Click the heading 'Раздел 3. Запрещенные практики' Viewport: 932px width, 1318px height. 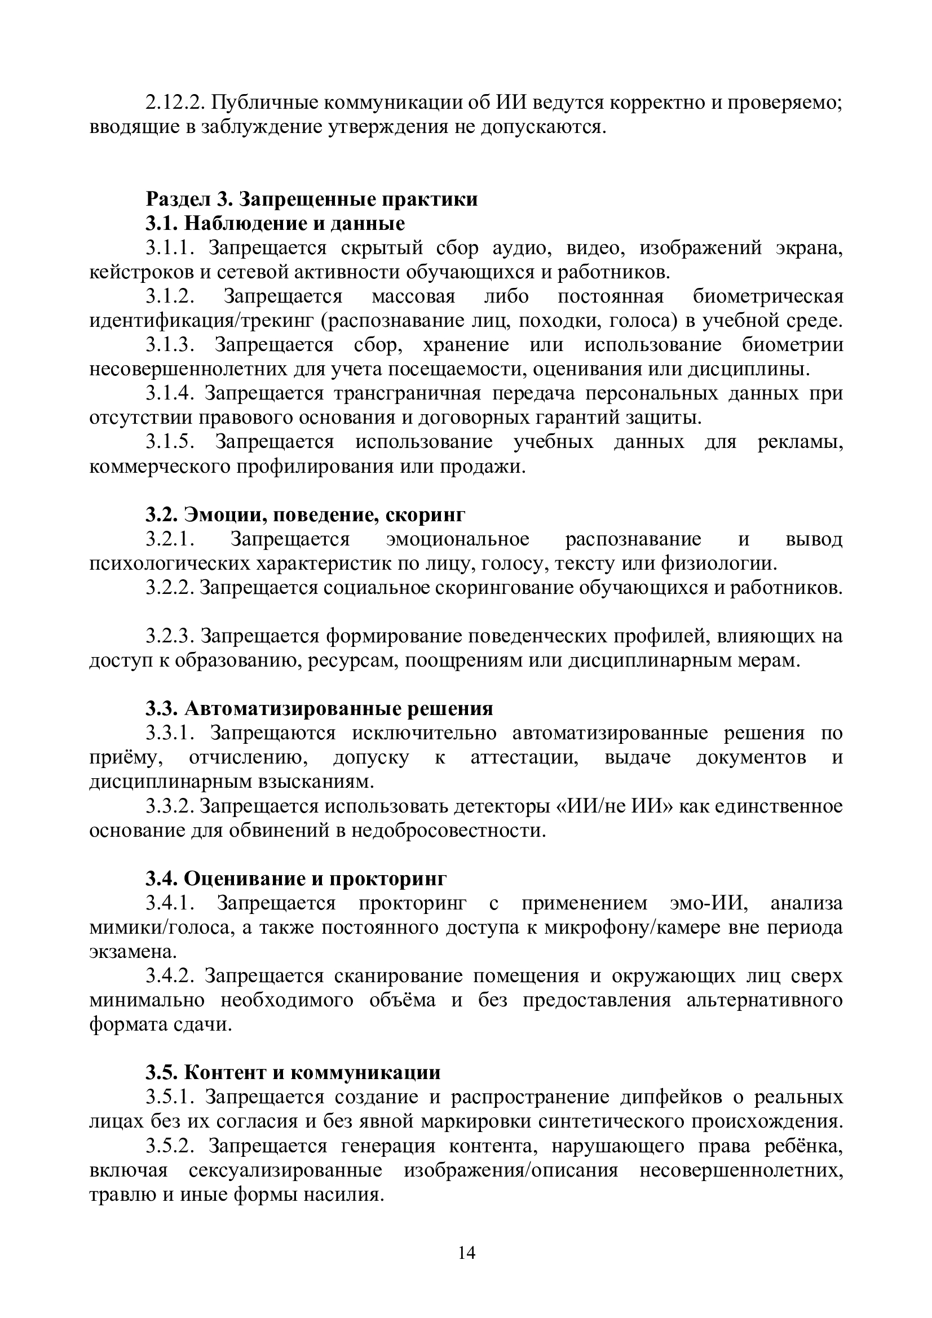pyautogui.click(x=311, y=198)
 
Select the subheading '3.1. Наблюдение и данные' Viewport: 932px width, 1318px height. pyautogui.click(x=275, y=223)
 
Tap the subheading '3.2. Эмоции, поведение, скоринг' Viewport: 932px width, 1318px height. pyautogui.click(x=305, y=514)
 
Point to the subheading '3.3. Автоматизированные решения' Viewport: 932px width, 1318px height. pyautogui.click(x=319, y=708)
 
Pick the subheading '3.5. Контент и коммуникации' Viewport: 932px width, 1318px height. pyautogui.click(x=293, y=1072)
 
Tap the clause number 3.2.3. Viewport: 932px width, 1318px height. pyautogui.click(x=170, y=636)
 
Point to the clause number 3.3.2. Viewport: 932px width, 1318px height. pyautogui.click(x=170, y=806)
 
